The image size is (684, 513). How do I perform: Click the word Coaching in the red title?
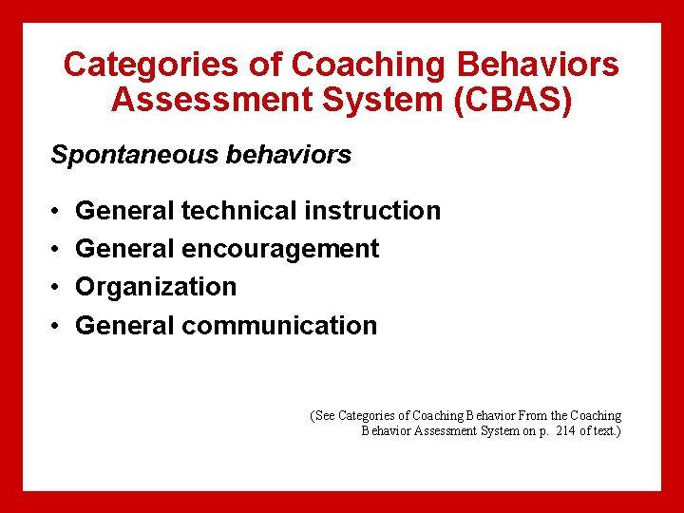[x=370, y=66]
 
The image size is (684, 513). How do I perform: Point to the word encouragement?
[x=280, y=249]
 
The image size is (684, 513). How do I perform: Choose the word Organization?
[x=156, y=287]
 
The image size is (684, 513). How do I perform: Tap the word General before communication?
[x=124, y=326]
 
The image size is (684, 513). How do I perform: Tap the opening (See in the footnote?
[x=323, y=416]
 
